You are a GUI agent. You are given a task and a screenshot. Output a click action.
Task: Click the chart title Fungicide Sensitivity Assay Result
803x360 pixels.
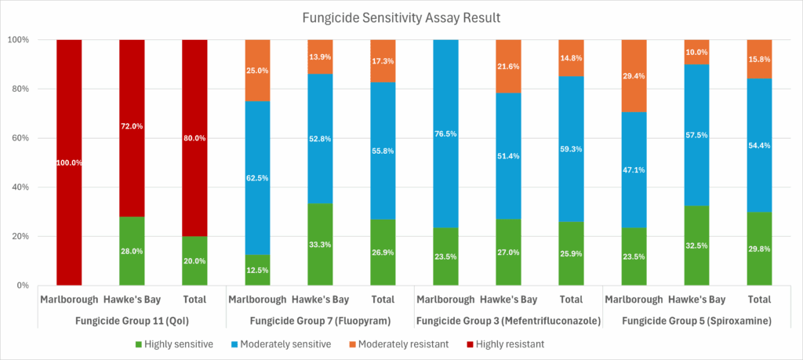[401, 16]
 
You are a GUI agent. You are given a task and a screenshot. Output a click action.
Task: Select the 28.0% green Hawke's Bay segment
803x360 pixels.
[132, 251]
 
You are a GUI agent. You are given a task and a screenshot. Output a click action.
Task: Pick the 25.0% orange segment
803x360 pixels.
[257, 71]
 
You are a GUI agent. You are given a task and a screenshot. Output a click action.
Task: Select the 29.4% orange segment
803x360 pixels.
[634, 76]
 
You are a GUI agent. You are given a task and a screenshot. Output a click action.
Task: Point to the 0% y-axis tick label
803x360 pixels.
[23, 285]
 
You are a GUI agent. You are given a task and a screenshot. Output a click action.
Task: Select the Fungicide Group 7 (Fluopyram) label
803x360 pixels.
[319, 320]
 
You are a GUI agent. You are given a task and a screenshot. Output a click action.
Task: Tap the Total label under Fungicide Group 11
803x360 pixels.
[194, 299]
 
